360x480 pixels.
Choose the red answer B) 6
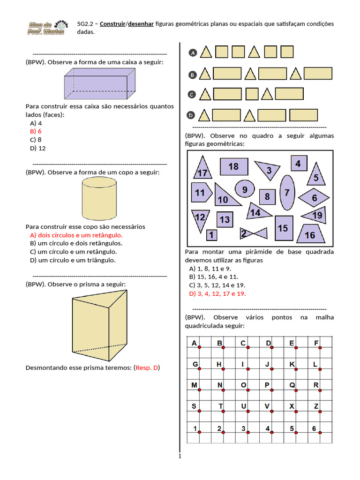pos(36,131)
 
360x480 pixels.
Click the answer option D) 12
pos(37,148)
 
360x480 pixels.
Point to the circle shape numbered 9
pos(244,190)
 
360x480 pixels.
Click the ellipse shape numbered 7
pos(287,193)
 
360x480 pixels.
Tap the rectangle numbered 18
pos(233,166)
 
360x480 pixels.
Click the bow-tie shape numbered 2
pos(254,233)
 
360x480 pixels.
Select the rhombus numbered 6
pos(314,198)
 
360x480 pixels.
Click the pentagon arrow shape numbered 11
pos(200,193)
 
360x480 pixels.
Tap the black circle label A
pos(192,53)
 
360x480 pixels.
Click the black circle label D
pos(191,115)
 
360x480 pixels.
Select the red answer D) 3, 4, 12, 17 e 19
pos(217,293)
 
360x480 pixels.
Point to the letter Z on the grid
pos(316,406)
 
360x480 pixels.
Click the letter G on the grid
pos(195,364)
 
